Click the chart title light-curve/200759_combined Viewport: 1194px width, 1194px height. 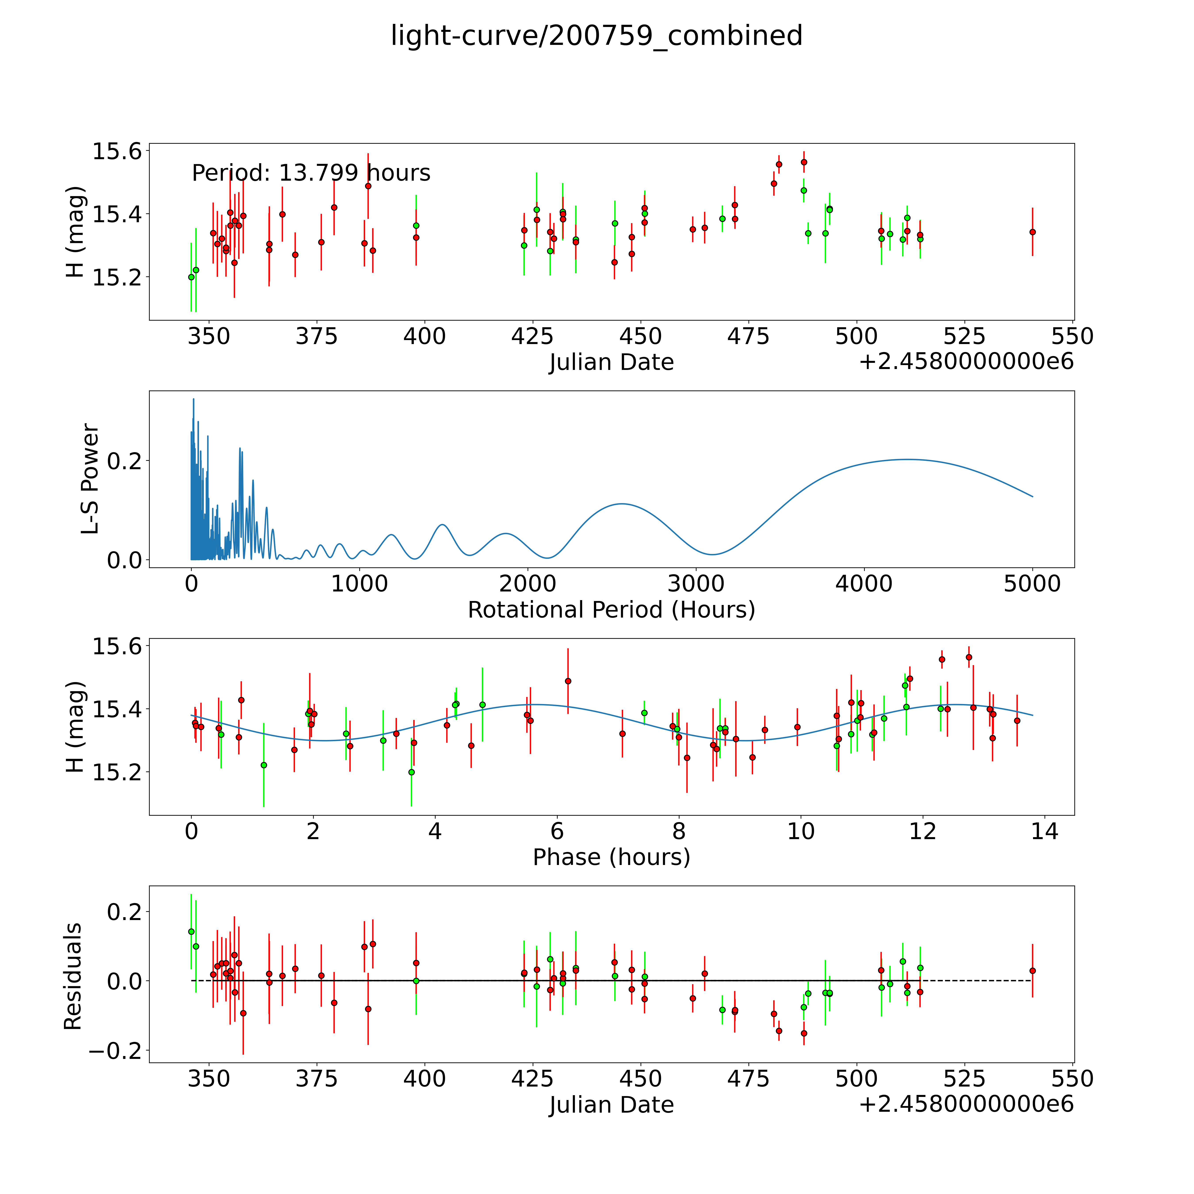596,36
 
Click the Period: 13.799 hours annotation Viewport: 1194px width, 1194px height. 311,173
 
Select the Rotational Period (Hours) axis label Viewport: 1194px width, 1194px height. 611,610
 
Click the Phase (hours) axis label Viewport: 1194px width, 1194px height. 611,857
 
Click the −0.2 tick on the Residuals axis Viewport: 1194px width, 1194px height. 116,1051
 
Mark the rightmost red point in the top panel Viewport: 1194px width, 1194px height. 1032,232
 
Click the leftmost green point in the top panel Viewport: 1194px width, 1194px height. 191,277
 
